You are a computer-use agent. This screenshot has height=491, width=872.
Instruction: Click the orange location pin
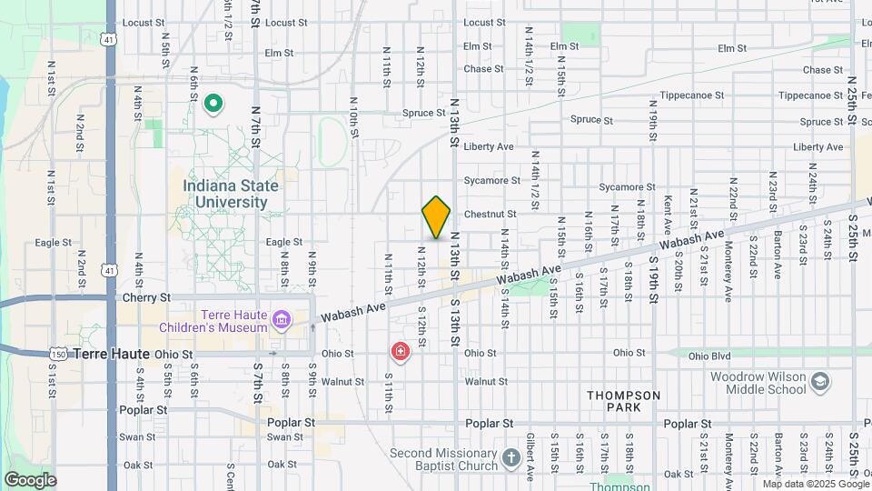436,217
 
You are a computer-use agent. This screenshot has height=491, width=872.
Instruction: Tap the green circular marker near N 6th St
213,105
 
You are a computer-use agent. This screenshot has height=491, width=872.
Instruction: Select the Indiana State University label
231,194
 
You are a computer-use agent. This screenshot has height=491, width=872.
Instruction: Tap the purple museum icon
282,320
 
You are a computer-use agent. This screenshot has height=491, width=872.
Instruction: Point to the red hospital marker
400,350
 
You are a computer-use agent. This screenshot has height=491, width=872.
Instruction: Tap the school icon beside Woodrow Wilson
820,381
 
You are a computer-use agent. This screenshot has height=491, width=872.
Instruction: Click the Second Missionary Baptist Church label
442,459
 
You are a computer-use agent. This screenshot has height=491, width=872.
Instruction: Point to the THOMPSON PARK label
623,401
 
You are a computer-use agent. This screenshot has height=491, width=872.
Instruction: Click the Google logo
29,480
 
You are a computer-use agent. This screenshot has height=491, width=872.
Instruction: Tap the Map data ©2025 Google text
816,484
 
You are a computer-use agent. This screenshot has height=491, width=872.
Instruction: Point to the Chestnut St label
490,215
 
